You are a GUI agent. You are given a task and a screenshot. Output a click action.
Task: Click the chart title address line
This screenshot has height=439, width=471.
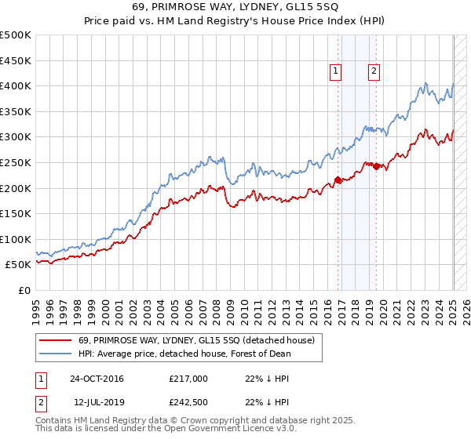click(x=235, y=7)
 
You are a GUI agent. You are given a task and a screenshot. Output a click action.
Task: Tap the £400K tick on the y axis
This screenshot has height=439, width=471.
click(x=15, y=85)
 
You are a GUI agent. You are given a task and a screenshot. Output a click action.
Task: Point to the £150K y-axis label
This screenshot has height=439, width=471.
click(x=15, y=213)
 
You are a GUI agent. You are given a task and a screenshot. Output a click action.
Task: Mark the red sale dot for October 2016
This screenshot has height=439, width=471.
click(x=338, y=180)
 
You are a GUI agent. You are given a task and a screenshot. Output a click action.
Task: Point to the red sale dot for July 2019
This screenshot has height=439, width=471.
click(x=376, y=166)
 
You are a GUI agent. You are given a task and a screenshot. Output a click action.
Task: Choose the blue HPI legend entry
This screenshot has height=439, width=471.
click(x=184, y=354)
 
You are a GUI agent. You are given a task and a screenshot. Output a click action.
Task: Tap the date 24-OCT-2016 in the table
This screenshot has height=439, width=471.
click(x=97, y=379)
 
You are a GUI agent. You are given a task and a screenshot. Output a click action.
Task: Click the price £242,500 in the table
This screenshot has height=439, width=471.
click(x=188, y=402)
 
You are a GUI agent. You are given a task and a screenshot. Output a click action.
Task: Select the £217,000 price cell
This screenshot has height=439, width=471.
click(x=188, y=379)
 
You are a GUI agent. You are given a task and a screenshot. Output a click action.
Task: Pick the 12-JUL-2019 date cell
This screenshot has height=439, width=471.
click(x=97, y=402)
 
